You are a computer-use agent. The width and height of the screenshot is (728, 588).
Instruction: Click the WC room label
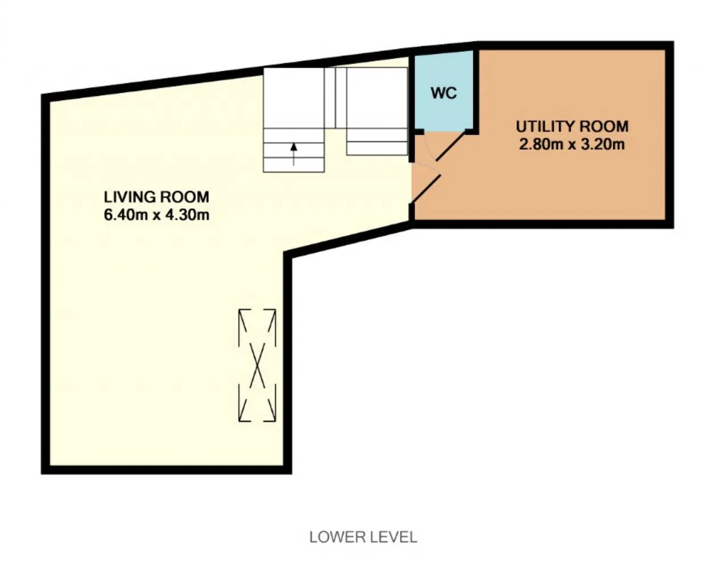pos(444,93)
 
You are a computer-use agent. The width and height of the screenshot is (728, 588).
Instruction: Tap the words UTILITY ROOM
pos(572,126)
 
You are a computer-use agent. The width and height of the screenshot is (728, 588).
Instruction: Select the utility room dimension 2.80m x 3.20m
pos(572,144)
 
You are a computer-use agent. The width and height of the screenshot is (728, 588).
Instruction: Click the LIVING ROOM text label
pos(156,197)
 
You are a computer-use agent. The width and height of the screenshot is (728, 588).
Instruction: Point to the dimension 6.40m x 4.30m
pos(156,215)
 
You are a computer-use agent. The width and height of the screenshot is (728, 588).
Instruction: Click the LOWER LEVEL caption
pos(363,537)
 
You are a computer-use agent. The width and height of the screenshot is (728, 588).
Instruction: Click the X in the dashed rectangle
pos(258,365)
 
